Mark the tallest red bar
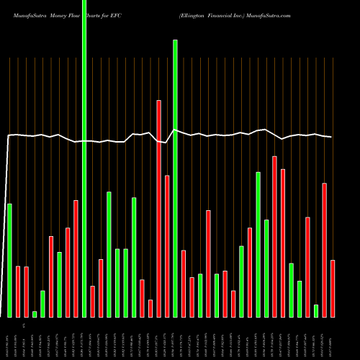click(158, 209)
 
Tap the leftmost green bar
click(9, 260)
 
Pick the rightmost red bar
click(333, 288)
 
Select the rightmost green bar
click(316, 310)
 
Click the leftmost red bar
click(18, 292)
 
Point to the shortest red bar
click(150, 308)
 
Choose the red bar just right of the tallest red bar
click(167, 246)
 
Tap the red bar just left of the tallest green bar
click(76, 258)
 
